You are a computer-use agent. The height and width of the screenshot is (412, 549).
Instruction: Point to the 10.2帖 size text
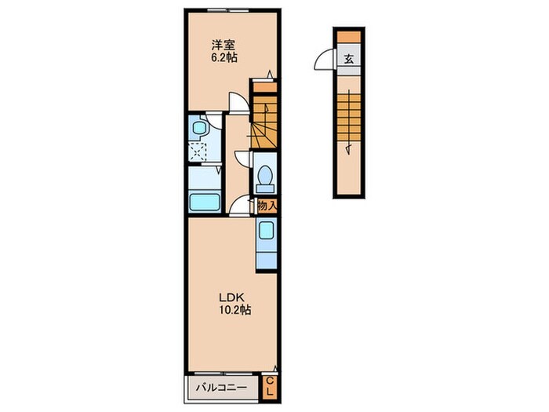coord(233,311)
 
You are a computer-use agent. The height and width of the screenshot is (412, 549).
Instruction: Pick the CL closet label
coord(270,387)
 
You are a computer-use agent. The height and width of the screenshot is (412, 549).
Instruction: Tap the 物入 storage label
coord(267,206)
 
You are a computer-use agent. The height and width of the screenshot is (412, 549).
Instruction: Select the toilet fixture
coord(264,175)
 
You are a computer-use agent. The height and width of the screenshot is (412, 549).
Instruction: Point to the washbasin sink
coord(199,127)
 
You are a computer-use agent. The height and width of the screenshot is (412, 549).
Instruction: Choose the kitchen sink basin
coord(267,231)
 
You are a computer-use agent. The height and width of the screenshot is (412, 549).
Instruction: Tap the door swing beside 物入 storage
coord(241,206)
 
